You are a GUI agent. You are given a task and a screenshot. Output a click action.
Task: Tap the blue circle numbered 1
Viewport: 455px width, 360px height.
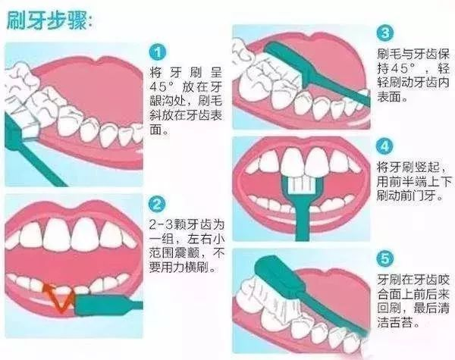coord(158,52)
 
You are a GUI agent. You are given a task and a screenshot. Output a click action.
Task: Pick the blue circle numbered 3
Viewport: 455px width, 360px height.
coord(386,33)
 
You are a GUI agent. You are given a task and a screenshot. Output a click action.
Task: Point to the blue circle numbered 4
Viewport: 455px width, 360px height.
coord(386,146)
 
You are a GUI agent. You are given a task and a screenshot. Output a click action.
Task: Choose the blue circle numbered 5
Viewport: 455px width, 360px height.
coord(386,258)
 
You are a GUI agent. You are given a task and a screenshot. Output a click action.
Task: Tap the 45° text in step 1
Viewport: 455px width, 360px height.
coord(163,85)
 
